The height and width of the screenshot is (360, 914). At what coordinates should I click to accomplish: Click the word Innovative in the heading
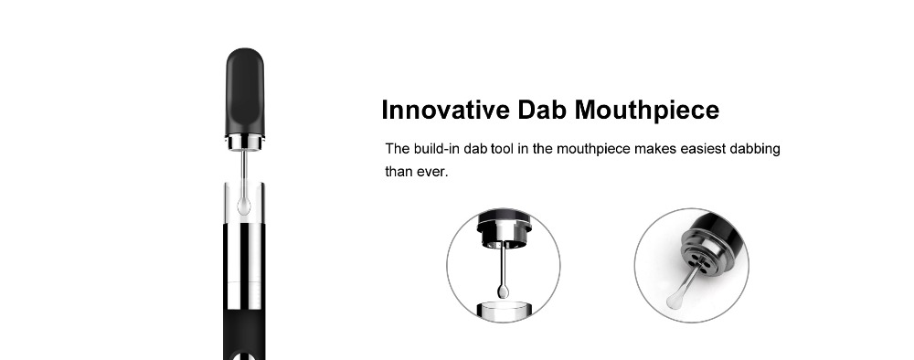pos(445,110)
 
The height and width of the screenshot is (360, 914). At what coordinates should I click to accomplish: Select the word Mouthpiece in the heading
pos(647,111)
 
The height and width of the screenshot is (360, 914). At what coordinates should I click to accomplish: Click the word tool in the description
pos(503,149)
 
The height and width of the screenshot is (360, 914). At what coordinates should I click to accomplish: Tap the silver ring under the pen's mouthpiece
pos(245,143)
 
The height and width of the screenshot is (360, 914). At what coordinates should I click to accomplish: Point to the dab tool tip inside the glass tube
pos(245,205)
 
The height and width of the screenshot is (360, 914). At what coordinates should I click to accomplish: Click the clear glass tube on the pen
pos(245,204)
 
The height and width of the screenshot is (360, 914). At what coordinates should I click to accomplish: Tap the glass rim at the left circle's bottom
pos(503,310)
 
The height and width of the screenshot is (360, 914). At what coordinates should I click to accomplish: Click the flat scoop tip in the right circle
pos(675,300)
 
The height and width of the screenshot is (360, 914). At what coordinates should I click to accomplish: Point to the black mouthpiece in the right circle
pos(722,231)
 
